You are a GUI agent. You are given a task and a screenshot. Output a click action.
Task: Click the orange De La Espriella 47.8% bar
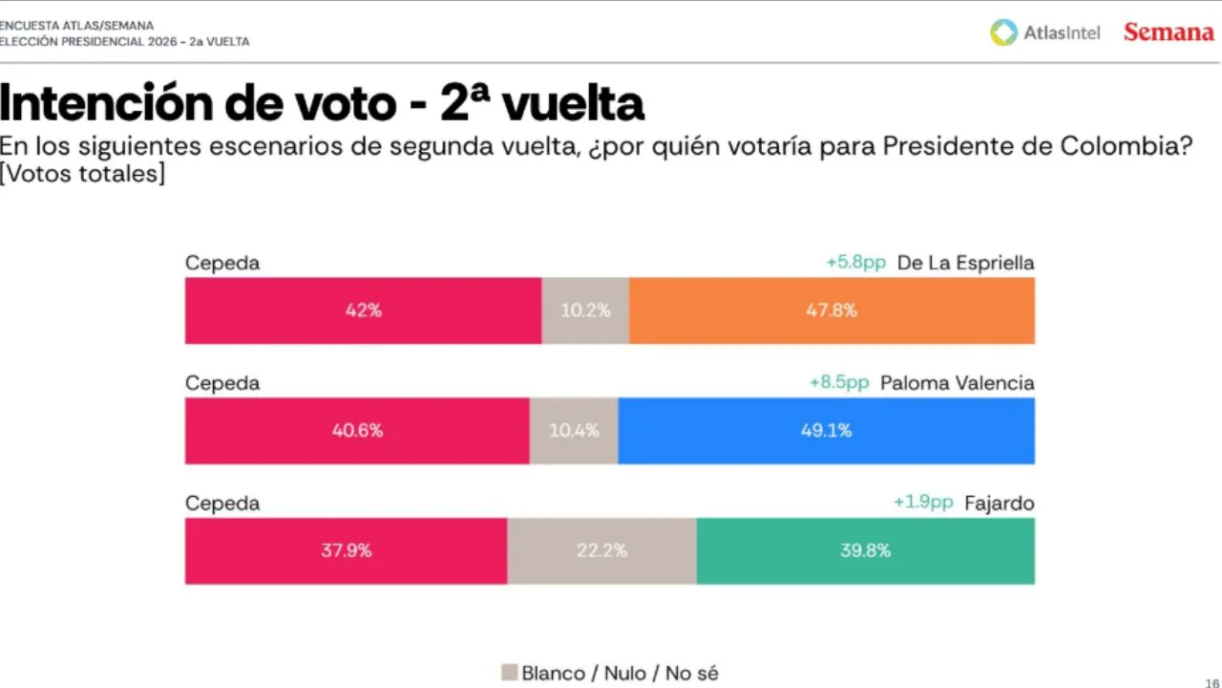pyautogui.click(x=832, y=311)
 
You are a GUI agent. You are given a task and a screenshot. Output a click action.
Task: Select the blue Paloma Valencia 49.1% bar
pyautogui.click(x=826, y=431)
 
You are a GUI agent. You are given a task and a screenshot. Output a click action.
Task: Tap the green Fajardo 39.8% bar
pyautogui.click(x=865, y=550)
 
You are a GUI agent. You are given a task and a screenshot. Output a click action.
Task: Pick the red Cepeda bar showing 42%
pyautogui.click(x=363, y=311)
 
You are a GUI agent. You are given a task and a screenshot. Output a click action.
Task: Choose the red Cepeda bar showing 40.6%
pyautogui.click(x=357, y=431)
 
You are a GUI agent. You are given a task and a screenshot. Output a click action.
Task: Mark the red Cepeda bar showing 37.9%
pyautogui.click(x=346, y=550)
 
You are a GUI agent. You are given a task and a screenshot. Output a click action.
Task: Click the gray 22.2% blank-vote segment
pyautogui.click(x=601, y=550)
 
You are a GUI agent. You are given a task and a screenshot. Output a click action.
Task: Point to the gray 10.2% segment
pyautogui.click(x=585, y=311)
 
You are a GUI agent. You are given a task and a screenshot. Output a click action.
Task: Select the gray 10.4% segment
pyautogui.click(x=574, y=431)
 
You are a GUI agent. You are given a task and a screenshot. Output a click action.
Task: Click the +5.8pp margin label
pyautogui.click(x=856, y=263)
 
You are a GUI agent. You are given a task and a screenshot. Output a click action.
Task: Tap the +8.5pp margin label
pyautogui.click(x=839, y=382)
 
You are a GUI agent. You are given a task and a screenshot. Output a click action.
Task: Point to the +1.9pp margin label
pyautogui.click(x=923, y=503)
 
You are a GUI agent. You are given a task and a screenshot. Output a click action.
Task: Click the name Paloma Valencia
pyautogui.click(x=957, y=383)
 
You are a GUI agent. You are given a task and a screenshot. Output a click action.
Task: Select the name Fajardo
pyautogui.click(x=999, y=504)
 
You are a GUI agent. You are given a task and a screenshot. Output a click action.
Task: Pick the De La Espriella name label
pyautogui.click(x=965, y=263)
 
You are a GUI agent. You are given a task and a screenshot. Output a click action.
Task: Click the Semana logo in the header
pyautogui.click(x=1168, y=32)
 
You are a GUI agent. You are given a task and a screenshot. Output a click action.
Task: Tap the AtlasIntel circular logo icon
pyautogui.click(x=1003, y=32)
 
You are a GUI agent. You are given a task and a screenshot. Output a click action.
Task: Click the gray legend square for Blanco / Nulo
pyautogui.click(x=509, y=673)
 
